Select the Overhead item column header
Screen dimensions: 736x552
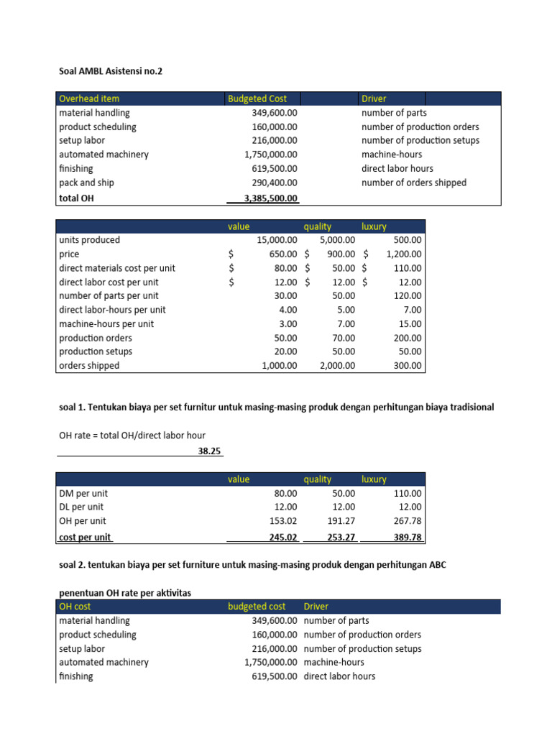[x=89, y=98]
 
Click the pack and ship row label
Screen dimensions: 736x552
[x=86, y=183]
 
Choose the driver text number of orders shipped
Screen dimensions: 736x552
[x=413, y=183]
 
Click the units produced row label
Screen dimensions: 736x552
[x=89, y=240]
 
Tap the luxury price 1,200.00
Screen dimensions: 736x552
[x=403, y=254]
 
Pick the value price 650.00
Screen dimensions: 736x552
[x=283, y=254]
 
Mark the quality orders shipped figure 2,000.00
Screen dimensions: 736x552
[x=337, y=365]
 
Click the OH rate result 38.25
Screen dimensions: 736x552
[x=209, y=451]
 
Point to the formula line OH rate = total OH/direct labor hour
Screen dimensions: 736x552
[x=132, y=435]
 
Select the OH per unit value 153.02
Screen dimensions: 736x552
[x=283, y=521]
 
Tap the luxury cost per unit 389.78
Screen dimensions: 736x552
[x=408, y=537]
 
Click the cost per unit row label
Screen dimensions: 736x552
[x=85, y=537]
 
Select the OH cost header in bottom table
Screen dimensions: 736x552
[x=75, y=607]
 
